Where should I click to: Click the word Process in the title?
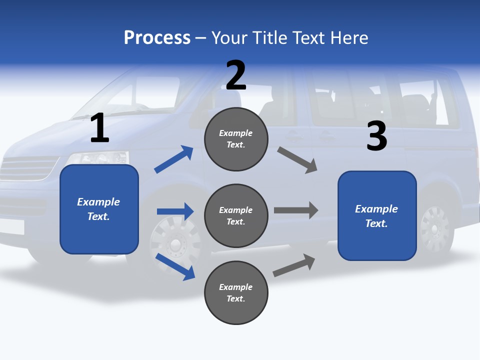pyautogui.click(x=157, y=37)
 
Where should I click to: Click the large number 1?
pyautogui.click(x=99, y=128)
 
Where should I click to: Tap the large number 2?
pyautogui.click(x=236, y=75)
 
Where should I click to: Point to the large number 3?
pyautogui.click(x=376, y=136)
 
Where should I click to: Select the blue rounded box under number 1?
pyautogui.click(x=99, y=209)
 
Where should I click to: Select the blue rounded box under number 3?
pyautogui.click(x=377, y=215)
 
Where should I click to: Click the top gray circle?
pyautogui.click(x=236, y=139)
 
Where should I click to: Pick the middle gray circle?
pyautogui.click(x=236, y=215)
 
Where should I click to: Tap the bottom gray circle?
pyautogui.click(x=236, y=292)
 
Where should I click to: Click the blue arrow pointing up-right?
pyautogui.click(x=174, y=159)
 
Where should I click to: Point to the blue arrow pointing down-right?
pyautogui.click(x=175, y=266)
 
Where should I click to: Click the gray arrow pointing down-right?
pyautogui.click(x=297, y=160)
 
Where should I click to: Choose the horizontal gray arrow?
pyautogui.click(x=295, y=210)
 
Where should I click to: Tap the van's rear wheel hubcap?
pyautogui.click(x=434, y=228)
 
